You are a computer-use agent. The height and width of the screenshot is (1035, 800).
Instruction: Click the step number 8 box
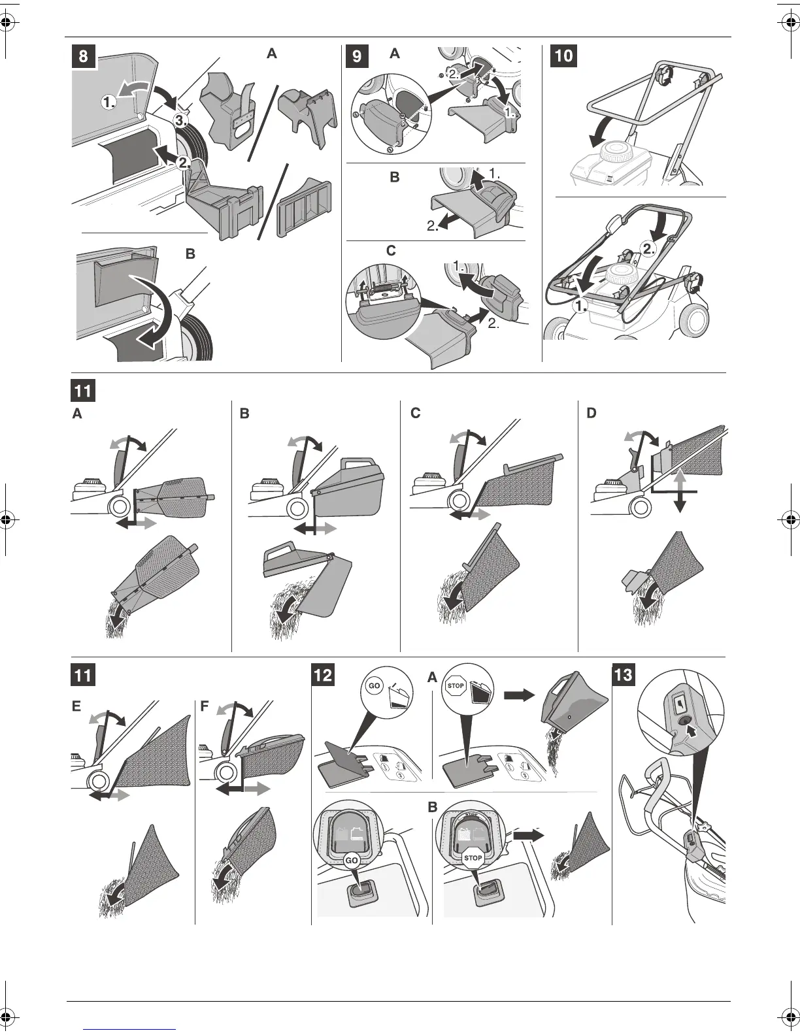[84, 56]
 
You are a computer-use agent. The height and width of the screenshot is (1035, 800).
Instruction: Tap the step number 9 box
[357, 56]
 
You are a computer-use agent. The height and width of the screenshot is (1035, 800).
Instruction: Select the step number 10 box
[563, 56]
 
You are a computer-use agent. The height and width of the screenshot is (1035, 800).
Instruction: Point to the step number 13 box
[624, 674]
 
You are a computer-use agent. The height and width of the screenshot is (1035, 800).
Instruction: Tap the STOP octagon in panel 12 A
[456, 686]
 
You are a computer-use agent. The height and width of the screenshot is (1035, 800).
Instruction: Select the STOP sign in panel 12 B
[472, 858]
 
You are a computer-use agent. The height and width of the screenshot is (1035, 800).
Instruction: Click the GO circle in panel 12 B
[352, 861]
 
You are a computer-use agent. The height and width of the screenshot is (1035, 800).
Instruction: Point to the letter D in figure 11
[592, 414]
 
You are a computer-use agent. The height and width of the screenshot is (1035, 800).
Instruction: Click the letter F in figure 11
[205, 707]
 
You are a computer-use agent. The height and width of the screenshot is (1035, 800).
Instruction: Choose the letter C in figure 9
[391, 250]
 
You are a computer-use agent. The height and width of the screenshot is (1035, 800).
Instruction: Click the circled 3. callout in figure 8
[181, 120]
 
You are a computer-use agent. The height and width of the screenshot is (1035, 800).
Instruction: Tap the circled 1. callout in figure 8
[109, 102]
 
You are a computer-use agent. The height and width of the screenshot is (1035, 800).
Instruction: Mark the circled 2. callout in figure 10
[648, 248]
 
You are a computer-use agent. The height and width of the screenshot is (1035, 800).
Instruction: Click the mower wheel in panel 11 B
[297, 508]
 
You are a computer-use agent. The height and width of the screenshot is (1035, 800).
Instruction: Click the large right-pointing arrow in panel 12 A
[519, 696]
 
